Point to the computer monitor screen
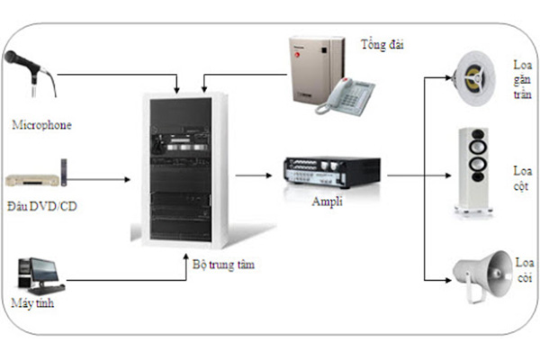coord(42,269)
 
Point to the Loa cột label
coord(522,176)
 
